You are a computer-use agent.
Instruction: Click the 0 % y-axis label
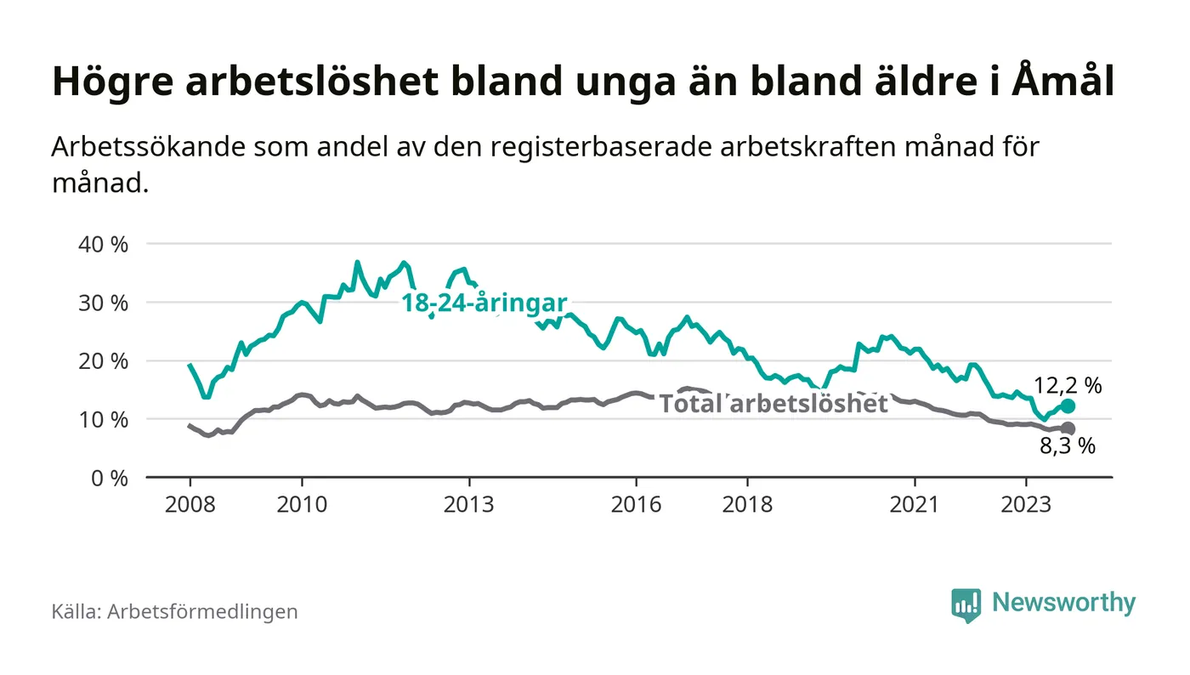(x=110, y=479)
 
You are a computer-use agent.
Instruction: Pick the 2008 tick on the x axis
(x=190, y=504)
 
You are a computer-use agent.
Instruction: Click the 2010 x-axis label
(x=302, y=504)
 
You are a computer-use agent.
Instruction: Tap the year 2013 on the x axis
(x=469, y=504)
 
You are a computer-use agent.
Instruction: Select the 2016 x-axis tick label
(x=636, y=504)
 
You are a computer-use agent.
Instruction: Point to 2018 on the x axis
(x=747, y=504)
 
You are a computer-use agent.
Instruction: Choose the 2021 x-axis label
(x=915, y=504)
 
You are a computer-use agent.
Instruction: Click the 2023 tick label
(x=1026, y=504)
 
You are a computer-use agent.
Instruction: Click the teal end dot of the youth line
(x=1068, y=406)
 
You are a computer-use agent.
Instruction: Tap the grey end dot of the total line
(x=1068, y=428)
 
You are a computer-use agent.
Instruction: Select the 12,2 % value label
(x=1068, y=386)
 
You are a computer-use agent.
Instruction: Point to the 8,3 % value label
(x=1068, y=447)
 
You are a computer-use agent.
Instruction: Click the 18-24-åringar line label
(x=484, y=303)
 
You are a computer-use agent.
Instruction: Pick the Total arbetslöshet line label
(x=773, y=404)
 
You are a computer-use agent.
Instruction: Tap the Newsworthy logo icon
(x=966, y=604)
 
